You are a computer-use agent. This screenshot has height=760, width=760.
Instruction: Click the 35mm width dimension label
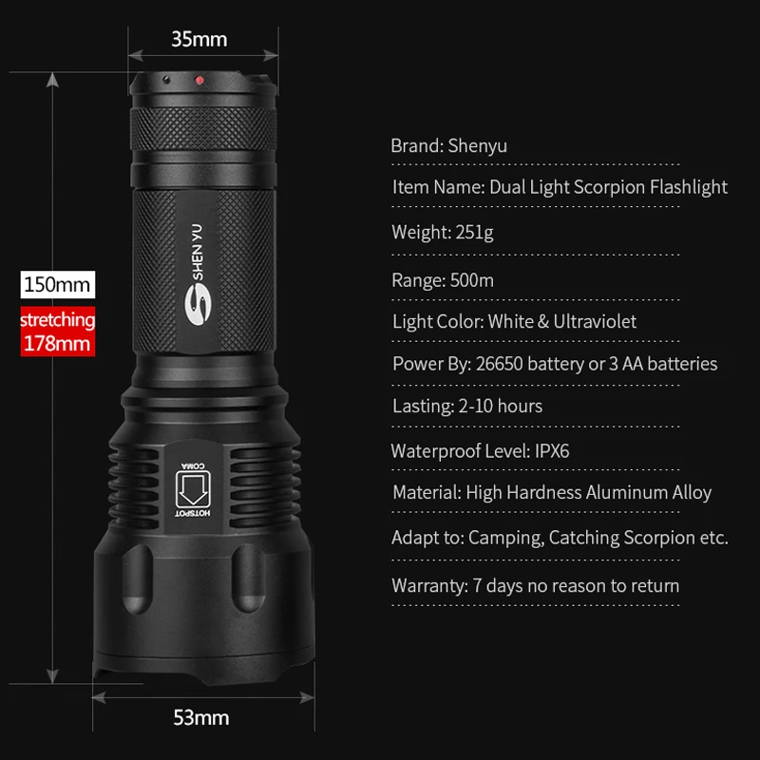[x=199, y=39]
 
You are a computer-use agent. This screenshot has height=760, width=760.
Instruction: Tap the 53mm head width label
[x=200, y=717]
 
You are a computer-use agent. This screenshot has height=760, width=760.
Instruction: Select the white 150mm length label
[x=58, y=283]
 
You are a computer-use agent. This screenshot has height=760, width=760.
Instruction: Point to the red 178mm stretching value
[x=57, y=343]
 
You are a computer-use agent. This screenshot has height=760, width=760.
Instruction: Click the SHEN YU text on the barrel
[x=203, y=250]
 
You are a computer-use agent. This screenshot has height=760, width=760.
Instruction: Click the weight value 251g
[x=475, y=232]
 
